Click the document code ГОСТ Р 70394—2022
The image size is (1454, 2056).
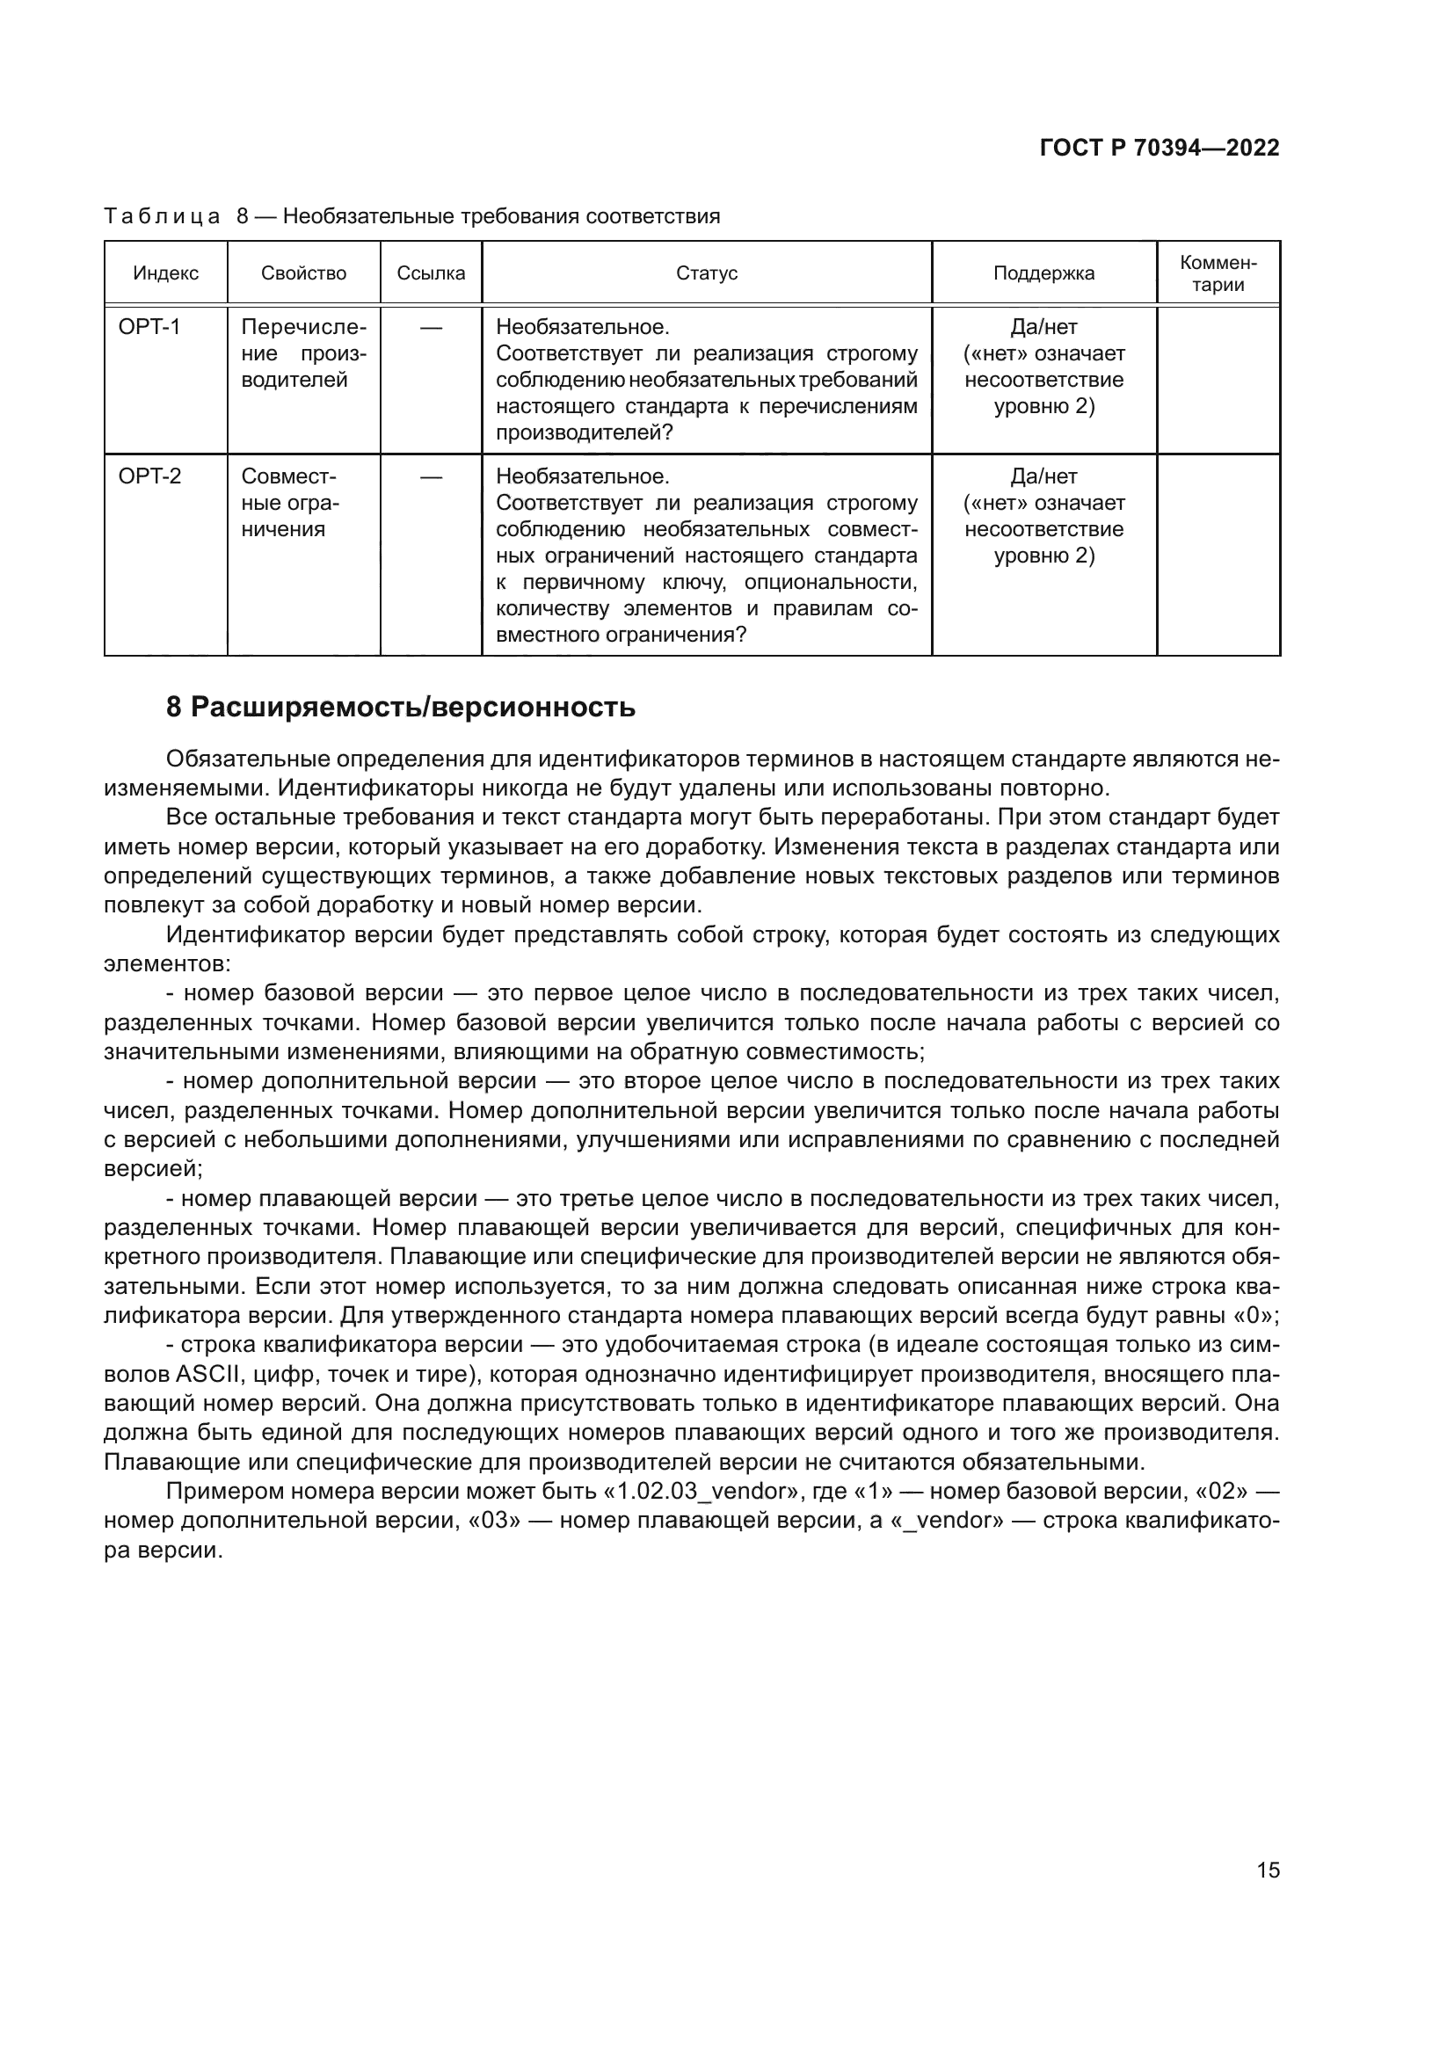click(x=1160, y=149)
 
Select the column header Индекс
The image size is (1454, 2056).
click(x=165, y=274)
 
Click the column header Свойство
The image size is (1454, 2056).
click(x=303, y=274)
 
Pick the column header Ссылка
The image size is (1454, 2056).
click(x=431, y=274)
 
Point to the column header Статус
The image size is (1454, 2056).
click(x=707, y=274)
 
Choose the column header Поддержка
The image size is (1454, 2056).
click(x=1043, y=274)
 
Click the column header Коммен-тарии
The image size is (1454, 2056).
click(x=1218, y=274)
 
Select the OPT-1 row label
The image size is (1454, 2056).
click(x=149, y=328)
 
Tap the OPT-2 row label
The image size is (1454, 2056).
click(x=149, y=476)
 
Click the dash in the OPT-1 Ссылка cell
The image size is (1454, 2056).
click(x=431, y=329)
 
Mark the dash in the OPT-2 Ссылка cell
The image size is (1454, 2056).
click(x=431, y=477)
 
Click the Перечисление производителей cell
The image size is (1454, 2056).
click(x=302, y=353)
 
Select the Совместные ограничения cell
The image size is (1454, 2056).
click(x=290, y=503)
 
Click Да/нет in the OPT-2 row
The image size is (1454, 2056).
click(x=1043, y=476)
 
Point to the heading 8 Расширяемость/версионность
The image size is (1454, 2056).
click(x=400, y=708)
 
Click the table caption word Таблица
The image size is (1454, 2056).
click(x=162, y=217)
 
